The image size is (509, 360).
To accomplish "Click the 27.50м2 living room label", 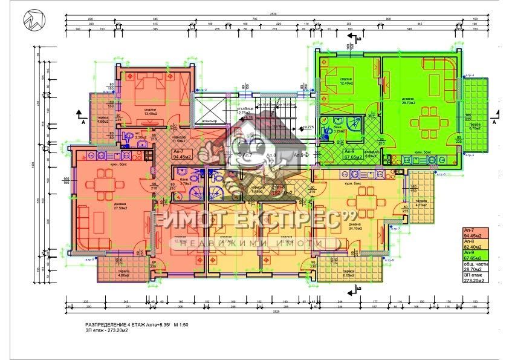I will click(120, 206).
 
